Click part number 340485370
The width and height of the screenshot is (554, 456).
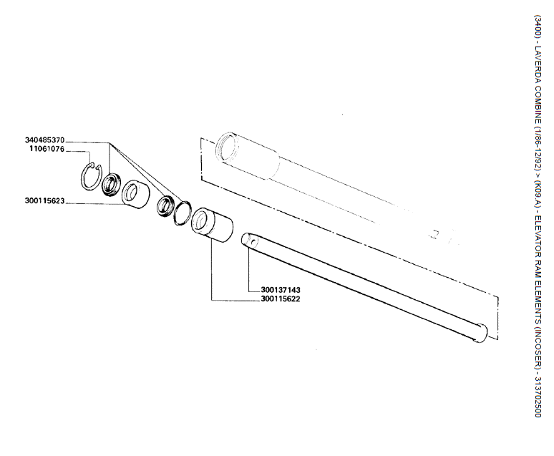coord(44,140)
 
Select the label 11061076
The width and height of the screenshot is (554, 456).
coord(47,149)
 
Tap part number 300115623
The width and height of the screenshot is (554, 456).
coord(44,200)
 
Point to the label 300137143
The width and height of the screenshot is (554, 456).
coord(281,290)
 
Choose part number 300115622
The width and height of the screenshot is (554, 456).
coord(281,299)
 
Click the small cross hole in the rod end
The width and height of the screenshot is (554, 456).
coord(252,241)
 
